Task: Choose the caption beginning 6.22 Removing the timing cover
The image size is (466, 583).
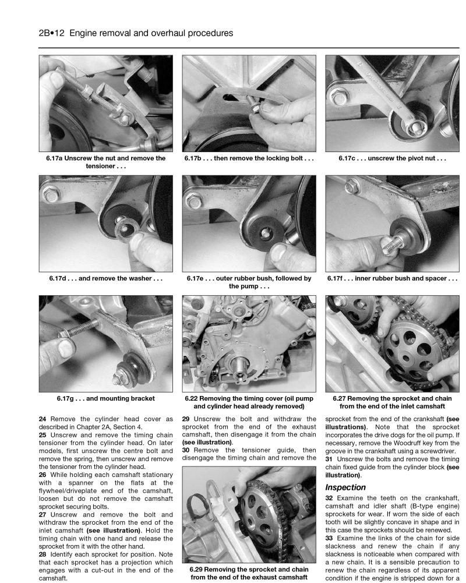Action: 249,402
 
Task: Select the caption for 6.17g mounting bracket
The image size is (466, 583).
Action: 106,399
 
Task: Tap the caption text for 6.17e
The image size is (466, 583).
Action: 249,282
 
